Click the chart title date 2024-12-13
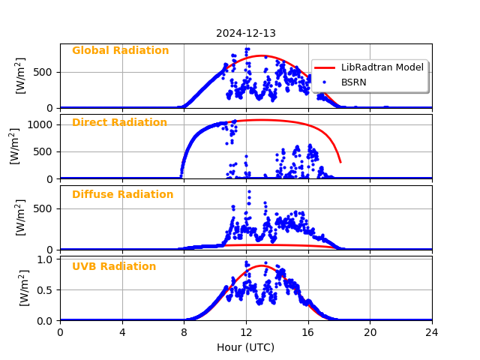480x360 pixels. tap(246, 33)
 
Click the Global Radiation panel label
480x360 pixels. tap(120, 51)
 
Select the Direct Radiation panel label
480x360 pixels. tap(119, 123)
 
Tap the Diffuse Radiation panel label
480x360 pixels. tap(122, 195)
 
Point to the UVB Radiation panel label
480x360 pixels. tap(114, 267)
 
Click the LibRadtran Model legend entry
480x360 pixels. tap(382, 67)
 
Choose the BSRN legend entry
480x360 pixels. tap(353, 82)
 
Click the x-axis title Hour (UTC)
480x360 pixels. tap(246, 347)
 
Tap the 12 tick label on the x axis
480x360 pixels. tap(246, 332)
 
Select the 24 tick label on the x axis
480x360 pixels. tap(432, 332)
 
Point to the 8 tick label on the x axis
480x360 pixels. tap(184, 332)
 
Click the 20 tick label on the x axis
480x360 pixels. tap(370, 332)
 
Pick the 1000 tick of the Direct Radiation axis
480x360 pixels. tap(40, 124)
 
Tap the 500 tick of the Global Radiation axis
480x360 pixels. tap(43, 73)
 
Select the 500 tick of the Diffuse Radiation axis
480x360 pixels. tap(43, 208)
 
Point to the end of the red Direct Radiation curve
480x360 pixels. tap(340, 162)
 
